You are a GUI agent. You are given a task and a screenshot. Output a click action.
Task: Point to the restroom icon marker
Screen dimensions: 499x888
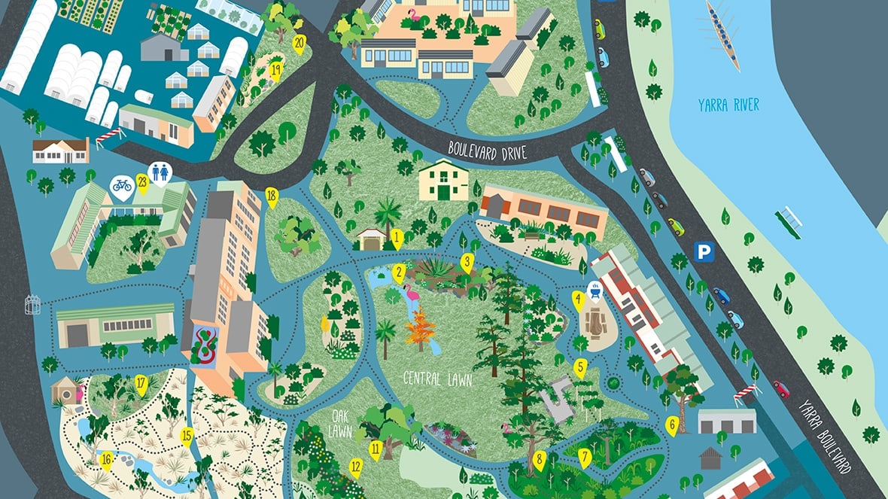click(x=160, y=172)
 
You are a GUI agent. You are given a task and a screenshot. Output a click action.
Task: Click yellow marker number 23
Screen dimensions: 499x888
click(x=141, y=181)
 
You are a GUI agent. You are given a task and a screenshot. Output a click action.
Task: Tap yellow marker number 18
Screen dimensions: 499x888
click(x=272, y=199)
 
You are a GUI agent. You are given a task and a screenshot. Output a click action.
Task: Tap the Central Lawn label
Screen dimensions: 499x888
click(x=437, y=379)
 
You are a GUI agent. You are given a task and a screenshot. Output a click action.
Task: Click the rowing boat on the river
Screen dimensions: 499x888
click(x=723, y=35)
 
